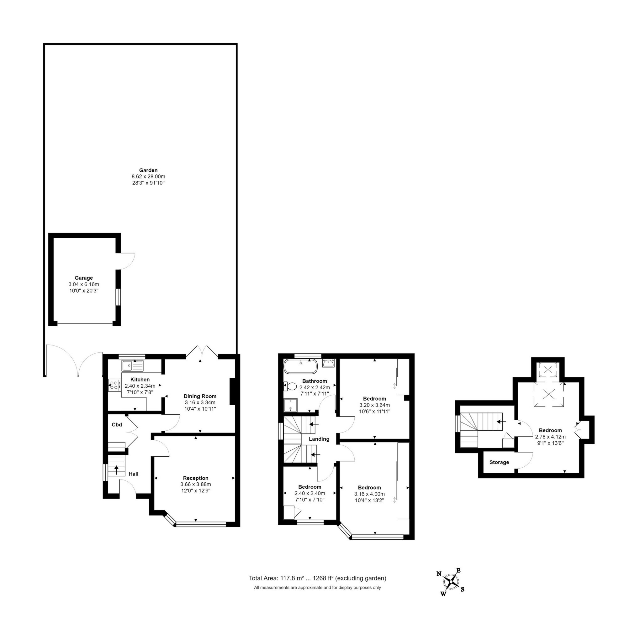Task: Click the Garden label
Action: (148, 170)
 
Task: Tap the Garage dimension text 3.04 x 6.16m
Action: (84, 284)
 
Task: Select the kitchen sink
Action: (132, 365)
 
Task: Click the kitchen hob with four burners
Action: (114, 386)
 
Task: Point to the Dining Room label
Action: (200, 396)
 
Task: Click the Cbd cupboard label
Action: (117, 424)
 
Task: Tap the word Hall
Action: (134, 474)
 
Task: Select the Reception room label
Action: (196, 478)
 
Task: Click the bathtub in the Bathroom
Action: (300, 366)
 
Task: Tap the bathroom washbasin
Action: (328, 363)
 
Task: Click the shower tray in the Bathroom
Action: (290, 405)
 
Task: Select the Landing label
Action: (319, 439)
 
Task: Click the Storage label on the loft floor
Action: (499, 462)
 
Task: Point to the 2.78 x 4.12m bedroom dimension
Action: (550, 437)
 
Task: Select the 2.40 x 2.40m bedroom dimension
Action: (310, 493)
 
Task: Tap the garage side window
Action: (118, 297)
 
